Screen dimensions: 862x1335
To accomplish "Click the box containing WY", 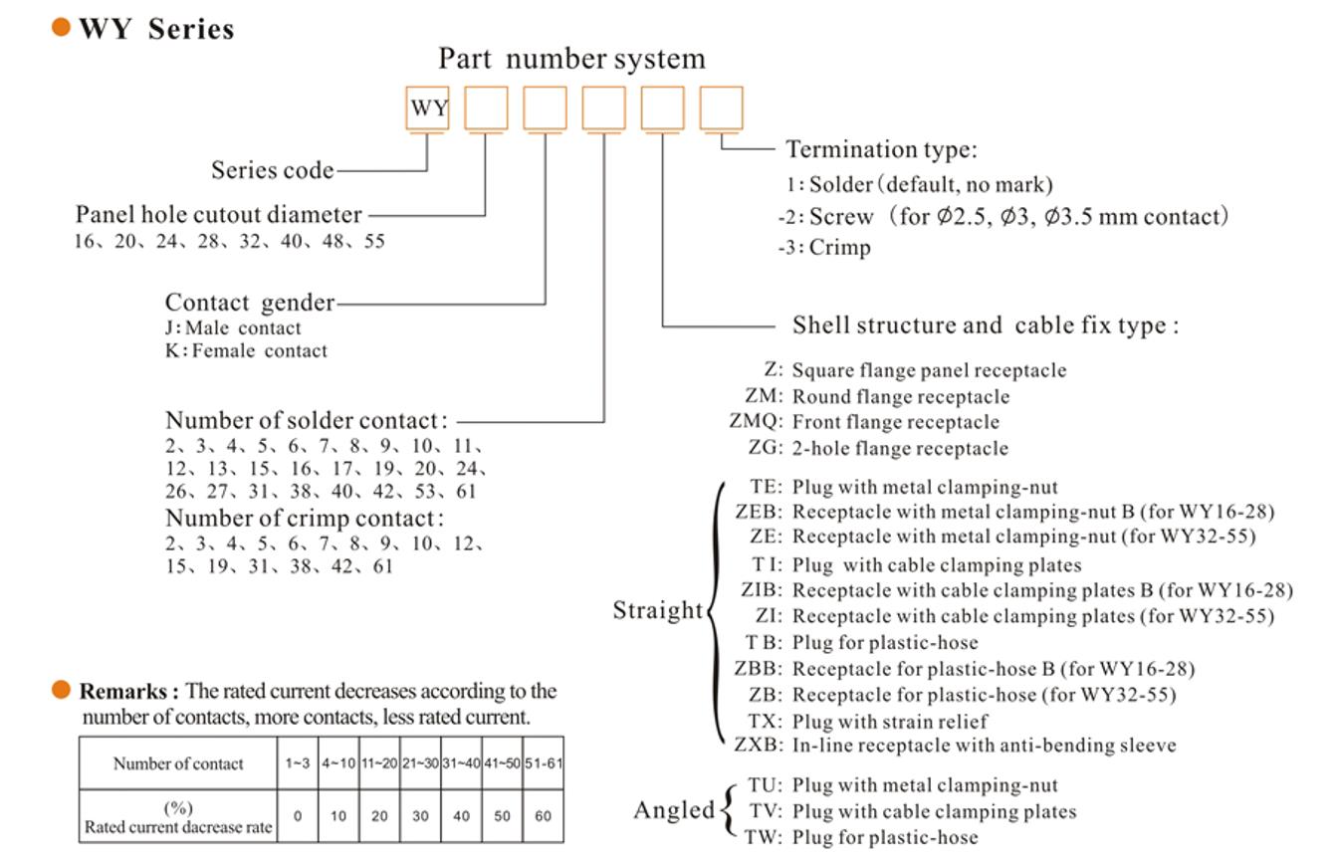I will pos(429,108).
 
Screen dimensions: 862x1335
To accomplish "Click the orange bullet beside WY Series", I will pos(62,28).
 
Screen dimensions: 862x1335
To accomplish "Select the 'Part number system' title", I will pos(571,59).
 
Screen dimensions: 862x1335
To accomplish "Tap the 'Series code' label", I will pos(272,170).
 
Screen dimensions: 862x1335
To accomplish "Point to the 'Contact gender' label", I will pos(250,303).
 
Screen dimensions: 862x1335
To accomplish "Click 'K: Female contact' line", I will pos(246,350).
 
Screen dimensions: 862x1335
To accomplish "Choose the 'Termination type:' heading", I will pos(881,150).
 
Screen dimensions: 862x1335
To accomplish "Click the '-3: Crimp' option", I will pos(824,248).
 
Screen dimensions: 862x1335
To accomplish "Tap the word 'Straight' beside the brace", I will pos(657,610).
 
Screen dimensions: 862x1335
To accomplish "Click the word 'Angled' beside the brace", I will pos(674,811).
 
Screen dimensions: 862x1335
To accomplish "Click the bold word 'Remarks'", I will pos(127,692).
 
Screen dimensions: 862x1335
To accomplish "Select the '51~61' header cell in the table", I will pos(544,763).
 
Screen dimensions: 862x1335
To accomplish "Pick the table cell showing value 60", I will pos(543,816).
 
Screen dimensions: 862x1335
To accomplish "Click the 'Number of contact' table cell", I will pos(177,763).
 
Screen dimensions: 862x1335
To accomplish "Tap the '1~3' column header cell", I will pos(297,763).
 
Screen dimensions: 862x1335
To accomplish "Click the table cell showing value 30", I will pos(420,816).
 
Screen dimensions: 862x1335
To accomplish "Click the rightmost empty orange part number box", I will pos(721,108).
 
